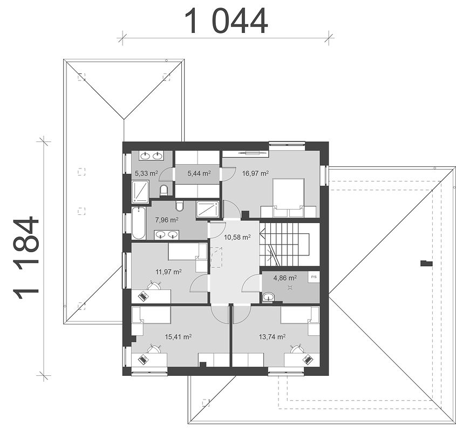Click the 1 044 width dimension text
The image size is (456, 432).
226,21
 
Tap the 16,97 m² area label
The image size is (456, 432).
255,173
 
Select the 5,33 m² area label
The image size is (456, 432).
146,173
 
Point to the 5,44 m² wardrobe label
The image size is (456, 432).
199,173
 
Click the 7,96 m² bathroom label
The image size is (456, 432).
167,220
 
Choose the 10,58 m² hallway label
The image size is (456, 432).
237,237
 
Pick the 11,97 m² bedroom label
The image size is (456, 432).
169,272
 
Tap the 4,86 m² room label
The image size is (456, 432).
285,278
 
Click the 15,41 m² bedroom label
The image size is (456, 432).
178,337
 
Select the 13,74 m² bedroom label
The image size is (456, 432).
272,337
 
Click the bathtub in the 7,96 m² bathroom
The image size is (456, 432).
139,223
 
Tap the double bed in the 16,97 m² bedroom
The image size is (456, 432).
288,198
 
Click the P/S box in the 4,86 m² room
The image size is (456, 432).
314,277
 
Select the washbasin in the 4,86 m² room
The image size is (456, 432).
268,297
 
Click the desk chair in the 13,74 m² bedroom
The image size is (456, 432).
296,348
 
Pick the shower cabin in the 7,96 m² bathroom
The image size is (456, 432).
207,210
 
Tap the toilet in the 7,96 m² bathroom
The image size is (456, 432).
180,206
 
